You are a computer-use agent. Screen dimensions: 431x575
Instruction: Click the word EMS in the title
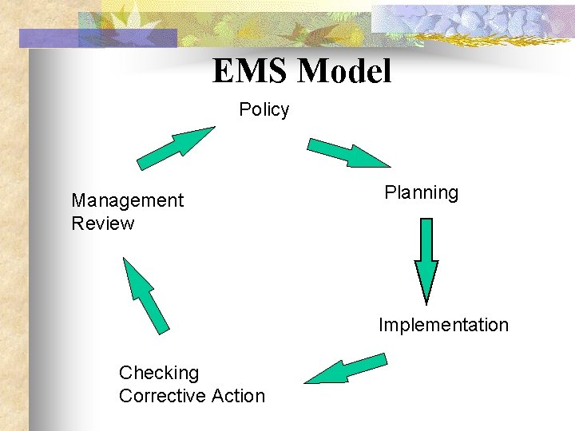click(x=252, y=72)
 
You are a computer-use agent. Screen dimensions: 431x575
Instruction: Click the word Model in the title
click(x=344, y=72)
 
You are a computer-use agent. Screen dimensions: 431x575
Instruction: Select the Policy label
click(x=264, y=110)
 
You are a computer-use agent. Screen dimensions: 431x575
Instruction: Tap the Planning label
click(x=421, y=193)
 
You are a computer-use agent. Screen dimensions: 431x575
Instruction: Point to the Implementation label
click(x=443, y=325)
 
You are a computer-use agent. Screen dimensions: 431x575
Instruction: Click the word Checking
click(x=159, y=373)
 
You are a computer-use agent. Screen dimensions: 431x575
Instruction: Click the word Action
click(x=238, y=396)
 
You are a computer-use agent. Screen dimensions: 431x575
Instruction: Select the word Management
click(x=127, y=200)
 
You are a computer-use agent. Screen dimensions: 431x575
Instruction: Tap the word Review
click(x=103, y=223)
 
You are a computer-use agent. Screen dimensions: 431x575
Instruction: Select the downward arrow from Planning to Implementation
click(x=426, y=259)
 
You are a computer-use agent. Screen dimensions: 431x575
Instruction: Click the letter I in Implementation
click(x=381, y=325)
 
